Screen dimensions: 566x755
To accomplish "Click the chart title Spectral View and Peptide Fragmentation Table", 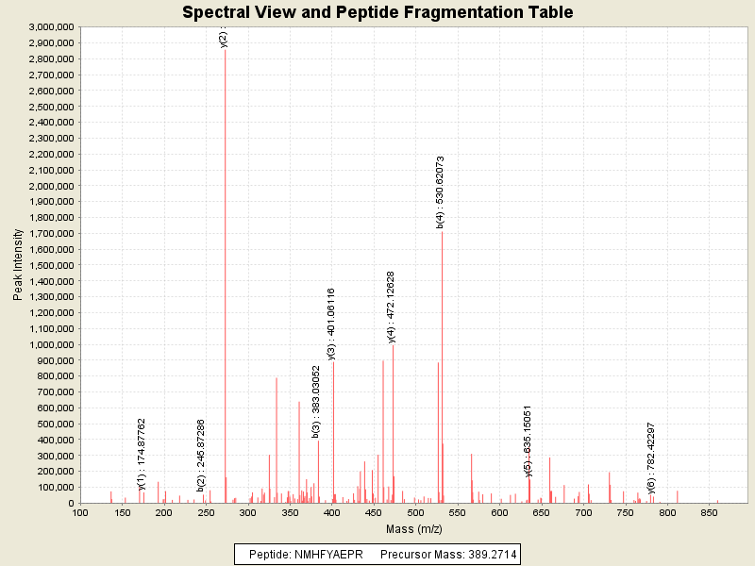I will tap(377, 12).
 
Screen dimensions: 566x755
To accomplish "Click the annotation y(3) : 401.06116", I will tap(331, 324).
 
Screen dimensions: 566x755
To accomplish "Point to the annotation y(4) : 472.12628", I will tap(392, 307).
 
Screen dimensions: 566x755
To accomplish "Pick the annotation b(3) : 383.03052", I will tap(316, 401).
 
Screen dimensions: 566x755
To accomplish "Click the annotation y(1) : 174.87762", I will tap(142, 454).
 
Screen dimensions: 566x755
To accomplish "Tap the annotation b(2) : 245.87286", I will tap(201, 456).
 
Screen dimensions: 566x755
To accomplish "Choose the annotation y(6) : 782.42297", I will tap(651, 458).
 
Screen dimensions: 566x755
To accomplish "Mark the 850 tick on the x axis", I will tap(709, 512).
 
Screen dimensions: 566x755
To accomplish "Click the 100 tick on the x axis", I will tap(81, 512).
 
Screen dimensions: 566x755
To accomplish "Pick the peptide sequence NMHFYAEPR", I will tap(325, 554).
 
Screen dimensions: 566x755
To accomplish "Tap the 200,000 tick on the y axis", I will tap(55, 472).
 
